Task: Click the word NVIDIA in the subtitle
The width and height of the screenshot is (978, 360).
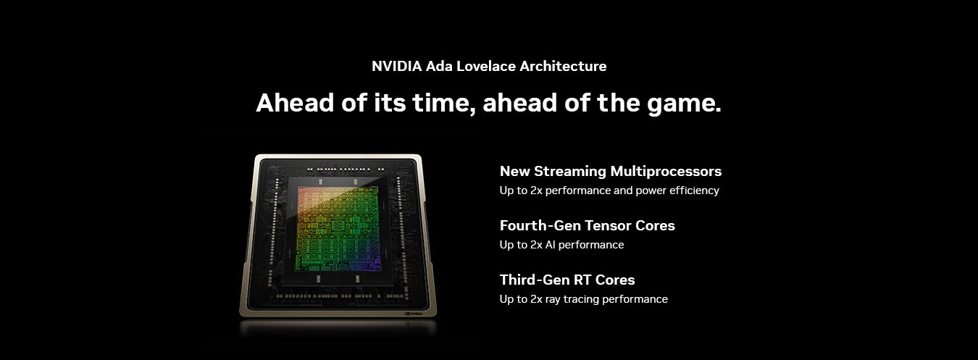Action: (x=396, y=67)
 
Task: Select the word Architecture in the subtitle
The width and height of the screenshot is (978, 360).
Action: (x=563, y=67)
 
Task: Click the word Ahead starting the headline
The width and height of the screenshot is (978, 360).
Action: (x=295, y=103)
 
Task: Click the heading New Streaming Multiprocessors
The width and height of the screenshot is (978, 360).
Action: (x=611, y=171)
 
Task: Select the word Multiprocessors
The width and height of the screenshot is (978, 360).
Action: (x=666, y=172)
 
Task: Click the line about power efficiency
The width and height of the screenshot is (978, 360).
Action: (x=609, y=191)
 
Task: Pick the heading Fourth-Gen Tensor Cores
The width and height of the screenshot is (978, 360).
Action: (x=588, y=225)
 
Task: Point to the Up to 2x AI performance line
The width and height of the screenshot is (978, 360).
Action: (x=562, y=245)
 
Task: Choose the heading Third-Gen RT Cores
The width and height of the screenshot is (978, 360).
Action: (x=567, y=280)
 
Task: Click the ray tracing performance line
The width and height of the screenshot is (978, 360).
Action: (x=584, y=299)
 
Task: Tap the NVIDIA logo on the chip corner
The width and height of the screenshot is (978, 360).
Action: (x=414, y=314)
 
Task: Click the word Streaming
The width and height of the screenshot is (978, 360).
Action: (x=569, y=172)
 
